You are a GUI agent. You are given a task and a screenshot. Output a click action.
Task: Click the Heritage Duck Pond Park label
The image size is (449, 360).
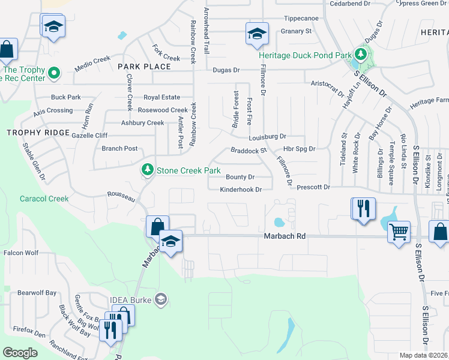tap(304, 55)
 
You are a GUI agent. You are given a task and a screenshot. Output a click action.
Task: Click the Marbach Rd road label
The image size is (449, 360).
tap(285, 237)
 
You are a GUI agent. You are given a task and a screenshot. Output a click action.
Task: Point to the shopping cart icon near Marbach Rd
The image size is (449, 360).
tap(399, 231)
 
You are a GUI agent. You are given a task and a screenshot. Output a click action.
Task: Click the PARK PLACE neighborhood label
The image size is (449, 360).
tap(144, 66)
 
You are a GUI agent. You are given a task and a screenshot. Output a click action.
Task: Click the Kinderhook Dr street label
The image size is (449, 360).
tap(241, 190)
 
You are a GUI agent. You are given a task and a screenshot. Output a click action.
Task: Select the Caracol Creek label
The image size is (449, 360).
tap(44, 199)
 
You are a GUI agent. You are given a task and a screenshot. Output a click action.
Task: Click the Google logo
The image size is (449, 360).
tap(20, 353)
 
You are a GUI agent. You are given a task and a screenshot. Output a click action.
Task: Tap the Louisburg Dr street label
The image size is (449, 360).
tap(267, 137)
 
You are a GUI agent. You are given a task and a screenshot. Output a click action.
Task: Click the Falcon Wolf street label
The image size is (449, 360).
tap(22, 253)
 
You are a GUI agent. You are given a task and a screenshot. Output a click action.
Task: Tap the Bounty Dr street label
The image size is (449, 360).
tap(240, 177)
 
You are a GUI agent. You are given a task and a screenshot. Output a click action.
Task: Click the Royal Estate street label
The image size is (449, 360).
tap(161, 97)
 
